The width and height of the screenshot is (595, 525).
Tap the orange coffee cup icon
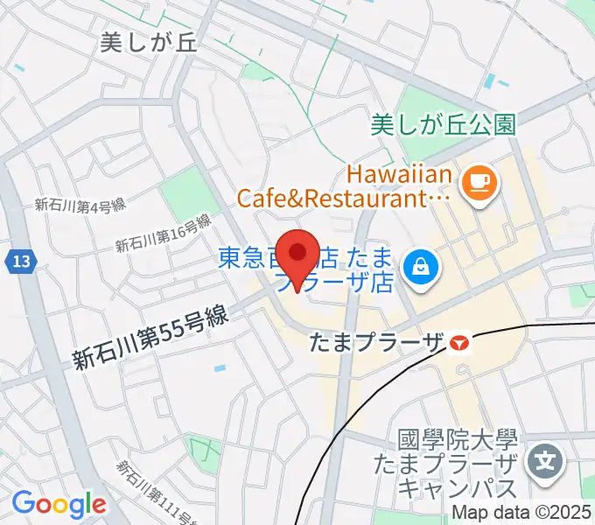(x=479, y=181)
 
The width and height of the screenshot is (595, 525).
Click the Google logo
(x=59, y=503)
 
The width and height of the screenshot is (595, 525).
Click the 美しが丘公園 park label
(x=444, y=124)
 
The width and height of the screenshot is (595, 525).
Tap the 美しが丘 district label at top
(x=149, y=42)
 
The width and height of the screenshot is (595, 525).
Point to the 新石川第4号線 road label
(x=80, y=206)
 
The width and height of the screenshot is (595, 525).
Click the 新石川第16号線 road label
(x=164, y=233)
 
